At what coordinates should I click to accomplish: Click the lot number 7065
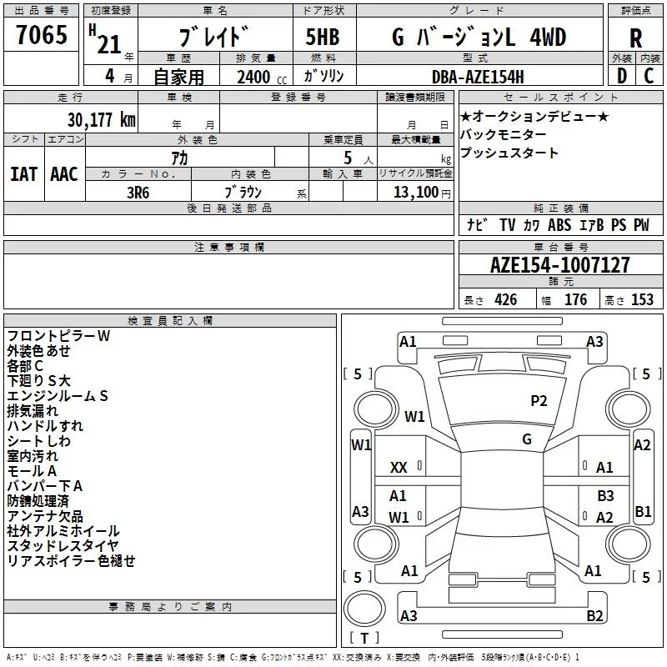[42, 38]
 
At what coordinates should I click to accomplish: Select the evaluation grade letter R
[635, 38]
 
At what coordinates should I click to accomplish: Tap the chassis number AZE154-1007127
[560, 266]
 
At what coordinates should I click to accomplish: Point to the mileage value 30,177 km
[101, 119]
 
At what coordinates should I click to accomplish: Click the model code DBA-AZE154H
[478, 77]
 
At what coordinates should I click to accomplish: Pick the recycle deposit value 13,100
[414, 192]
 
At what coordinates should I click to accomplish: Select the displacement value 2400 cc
[253, 77]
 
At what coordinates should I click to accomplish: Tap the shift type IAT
[23, 174]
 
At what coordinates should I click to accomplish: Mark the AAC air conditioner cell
[63, 174]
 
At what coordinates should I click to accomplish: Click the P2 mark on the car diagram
[539, 401]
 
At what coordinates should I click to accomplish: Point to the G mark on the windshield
[527, 439]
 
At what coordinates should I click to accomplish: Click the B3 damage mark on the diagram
[605, 496]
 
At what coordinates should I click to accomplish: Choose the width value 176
[576, 300]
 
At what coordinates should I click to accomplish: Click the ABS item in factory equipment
[559, 225]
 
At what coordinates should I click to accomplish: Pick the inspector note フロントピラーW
[58, 336]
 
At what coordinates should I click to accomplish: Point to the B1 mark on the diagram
[643, 511]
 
